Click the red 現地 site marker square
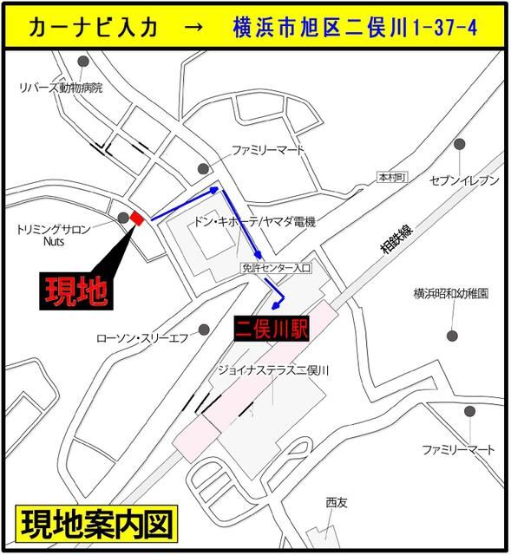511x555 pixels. point(135,219)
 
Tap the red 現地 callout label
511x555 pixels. point(77,291)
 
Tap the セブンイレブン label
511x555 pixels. point(465,180)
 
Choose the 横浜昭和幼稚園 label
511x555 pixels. point(450,294)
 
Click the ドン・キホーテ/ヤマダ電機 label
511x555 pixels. point(254,222)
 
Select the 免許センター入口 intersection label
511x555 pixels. point(281,269)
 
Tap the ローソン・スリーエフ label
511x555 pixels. point(141,336)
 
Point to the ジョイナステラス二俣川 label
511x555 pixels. point(276,370)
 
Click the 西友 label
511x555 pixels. point(336,502)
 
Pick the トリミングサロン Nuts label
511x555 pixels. point(55,236)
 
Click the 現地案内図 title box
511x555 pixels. point(96,524)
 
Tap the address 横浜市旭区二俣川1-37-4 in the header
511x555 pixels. point(357,27)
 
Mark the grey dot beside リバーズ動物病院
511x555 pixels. point(82,62)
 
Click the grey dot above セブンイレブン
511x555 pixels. point(459,144)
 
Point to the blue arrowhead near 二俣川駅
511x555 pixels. point(278,304)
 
